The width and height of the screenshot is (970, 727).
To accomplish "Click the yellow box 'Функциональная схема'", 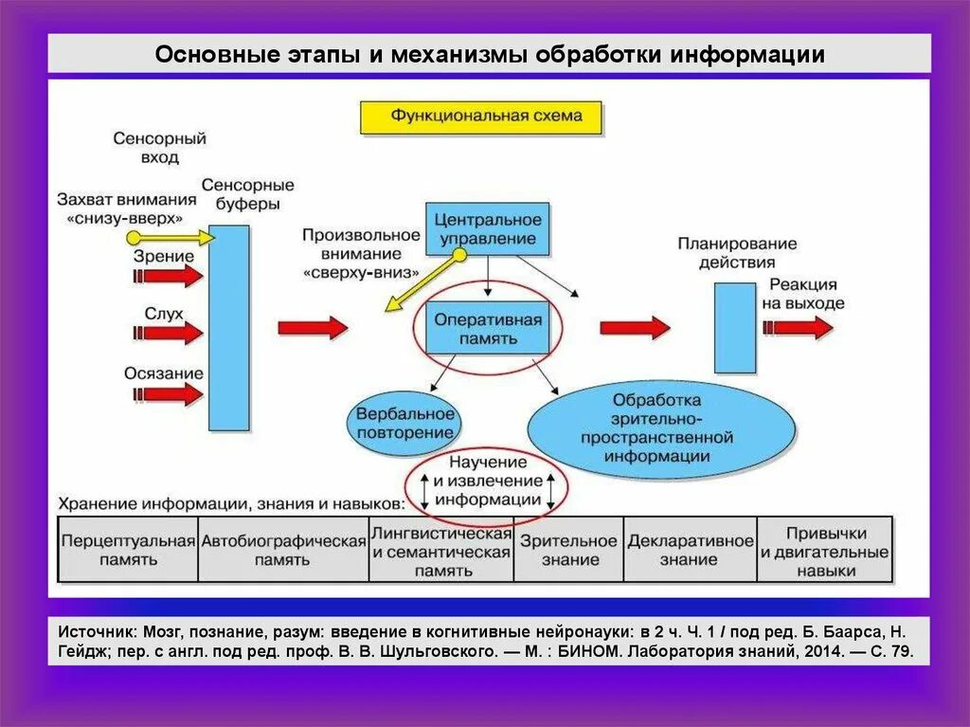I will click(x=480, y=117).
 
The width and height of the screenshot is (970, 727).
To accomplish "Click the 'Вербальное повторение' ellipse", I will click(x=405, y=423).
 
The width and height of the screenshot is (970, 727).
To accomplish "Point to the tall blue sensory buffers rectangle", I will click(x=228, y=327).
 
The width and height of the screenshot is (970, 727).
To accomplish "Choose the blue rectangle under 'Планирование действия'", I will click(x=734, y=327).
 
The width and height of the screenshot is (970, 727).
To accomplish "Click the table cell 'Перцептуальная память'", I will click(x=128, y=550).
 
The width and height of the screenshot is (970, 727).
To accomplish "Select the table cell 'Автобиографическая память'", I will click(x=282, y=550).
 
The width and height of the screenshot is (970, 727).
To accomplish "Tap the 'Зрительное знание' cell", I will click(x=568, y=550).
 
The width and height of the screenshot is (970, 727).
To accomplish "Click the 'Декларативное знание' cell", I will click(x=690, y=550).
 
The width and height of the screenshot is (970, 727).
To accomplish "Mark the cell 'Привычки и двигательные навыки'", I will click(x=825, y=550).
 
